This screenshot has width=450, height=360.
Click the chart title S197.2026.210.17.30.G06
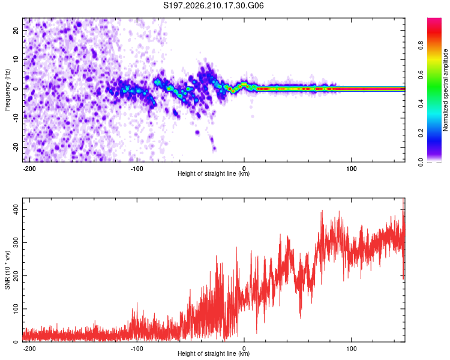(x=213, y=5)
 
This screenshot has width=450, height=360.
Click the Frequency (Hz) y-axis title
(x=7, y=89)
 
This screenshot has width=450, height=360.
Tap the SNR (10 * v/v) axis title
(x=7, y=270)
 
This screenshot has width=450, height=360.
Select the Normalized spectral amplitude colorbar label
(x=445, y=90)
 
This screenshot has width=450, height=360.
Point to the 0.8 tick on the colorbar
(x=421, y=45)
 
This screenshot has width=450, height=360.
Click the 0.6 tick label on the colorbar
(x=421, y=74)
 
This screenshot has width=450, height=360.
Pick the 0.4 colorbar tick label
(x=421, y=104)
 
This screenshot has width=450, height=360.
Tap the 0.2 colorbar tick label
(x=421, y=133)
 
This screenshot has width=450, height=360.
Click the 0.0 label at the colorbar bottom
(x=421, y=162)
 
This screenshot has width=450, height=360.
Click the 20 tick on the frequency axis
(x=16, y=31)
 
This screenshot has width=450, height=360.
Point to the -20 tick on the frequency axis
(x=16, y=148)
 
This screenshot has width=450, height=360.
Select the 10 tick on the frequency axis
(x=16, y=60)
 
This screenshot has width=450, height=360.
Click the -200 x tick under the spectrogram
(x=29, y=169)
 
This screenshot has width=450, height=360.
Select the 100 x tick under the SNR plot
(x=351, y=349)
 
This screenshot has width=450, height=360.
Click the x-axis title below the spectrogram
(x=214, y=173)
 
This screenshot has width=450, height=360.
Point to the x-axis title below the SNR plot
(x=214, y=353)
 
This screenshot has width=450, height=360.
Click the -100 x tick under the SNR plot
(x=137, y=349)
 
